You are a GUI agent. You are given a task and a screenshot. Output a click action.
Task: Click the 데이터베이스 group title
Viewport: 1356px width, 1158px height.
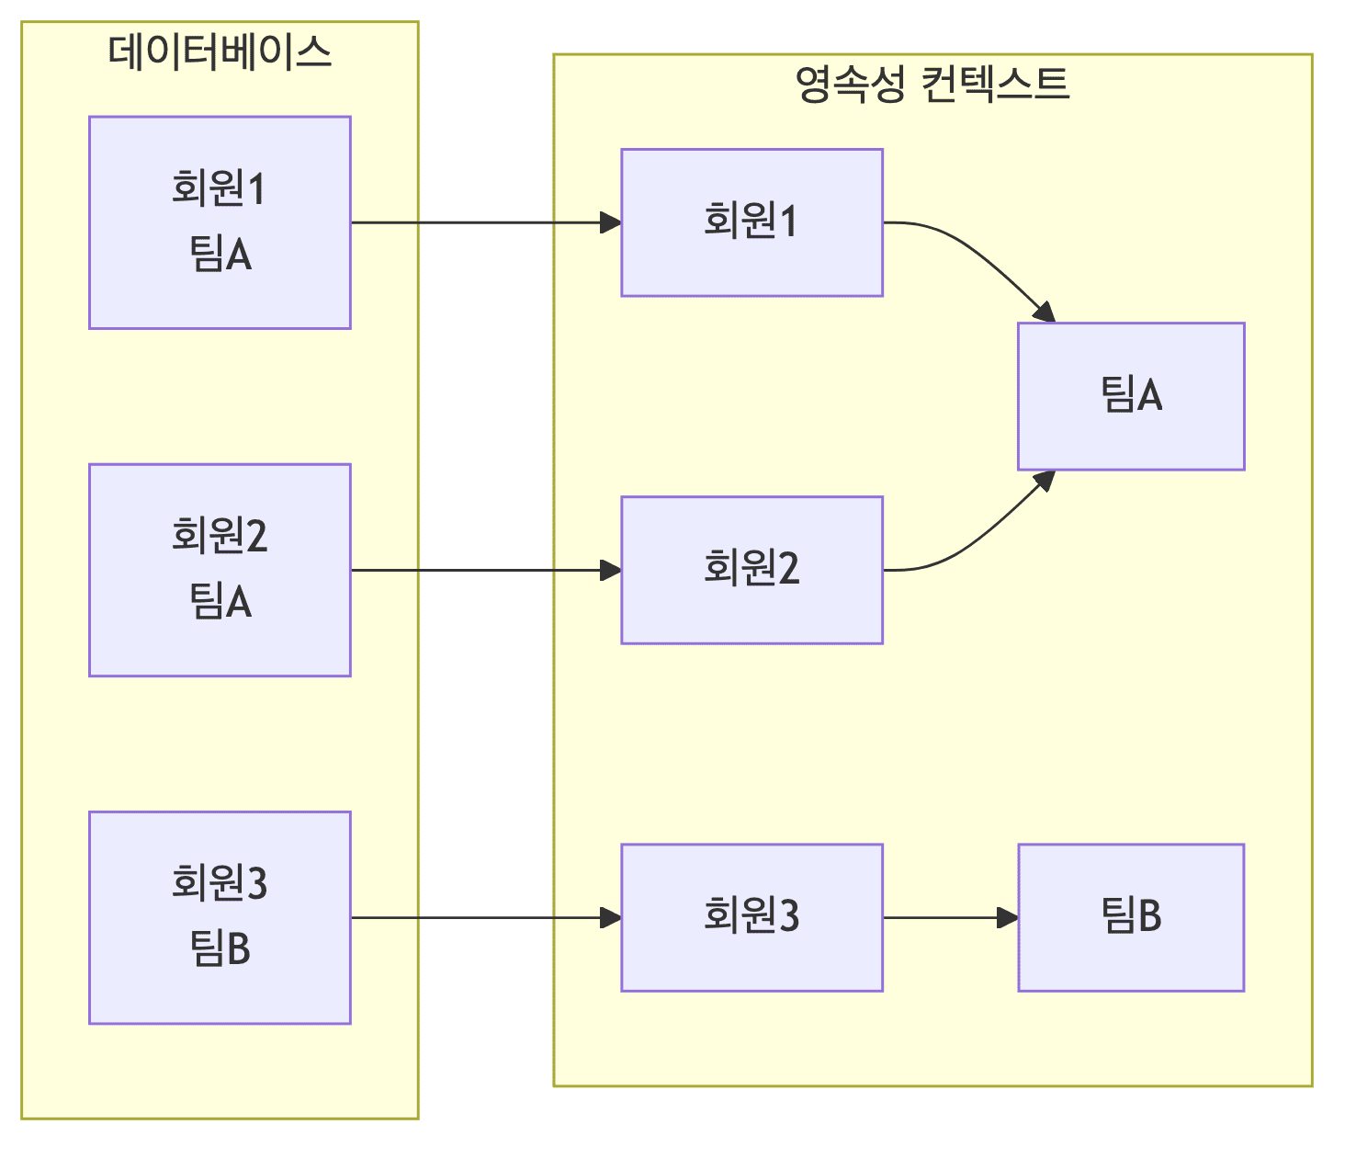[219, 52]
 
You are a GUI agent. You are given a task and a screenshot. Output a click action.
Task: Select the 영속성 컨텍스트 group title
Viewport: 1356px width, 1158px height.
[932, 85]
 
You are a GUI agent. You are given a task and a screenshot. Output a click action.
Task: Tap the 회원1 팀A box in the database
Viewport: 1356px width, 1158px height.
[220, 222]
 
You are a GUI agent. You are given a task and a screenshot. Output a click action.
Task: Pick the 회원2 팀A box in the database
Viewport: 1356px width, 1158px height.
[220, 570]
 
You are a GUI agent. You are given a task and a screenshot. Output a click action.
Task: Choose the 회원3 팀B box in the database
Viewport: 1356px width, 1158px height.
[220, 917]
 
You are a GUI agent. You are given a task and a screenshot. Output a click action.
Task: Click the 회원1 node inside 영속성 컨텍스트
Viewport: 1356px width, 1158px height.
[751, 222]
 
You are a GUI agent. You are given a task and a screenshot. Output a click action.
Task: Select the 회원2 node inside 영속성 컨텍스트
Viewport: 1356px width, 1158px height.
[751, 570]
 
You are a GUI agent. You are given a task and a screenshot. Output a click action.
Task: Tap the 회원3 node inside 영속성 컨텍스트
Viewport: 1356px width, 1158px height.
[751, 917]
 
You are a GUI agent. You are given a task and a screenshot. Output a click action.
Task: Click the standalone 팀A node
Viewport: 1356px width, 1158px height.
[1131, 396]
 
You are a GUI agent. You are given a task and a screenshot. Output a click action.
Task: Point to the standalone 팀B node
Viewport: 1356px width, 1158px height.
[1131, 917]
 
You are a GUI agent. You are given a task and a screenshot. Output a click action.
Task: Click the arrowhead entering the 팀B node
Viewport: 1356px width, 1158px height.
[1008, 917]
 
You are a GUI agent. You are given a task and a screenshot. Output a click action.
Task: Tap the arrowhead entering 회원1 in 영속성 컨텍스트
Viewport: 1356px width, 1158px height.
[611, 222]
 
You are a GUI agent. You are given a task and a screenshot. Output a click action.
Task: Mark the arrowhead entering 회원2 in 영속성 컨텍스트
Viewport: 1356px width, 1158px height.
[611, 570]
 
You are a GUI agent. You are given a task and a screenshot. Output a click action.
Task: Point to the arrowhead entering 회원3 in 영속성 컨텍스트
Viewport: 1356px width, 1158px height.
[611, 917]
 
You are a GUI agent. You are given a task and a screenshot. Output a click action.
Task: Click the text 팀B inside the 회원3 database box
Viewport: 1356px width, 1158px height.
[220, 948]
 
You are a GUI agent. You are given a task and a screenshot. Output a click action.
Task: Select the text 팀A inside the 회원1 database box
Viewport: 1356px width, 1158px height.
[220, 255]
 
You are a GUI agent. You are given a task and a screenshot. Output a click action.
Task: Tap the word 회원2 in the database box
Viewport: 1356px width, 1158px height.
[220, 536]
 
